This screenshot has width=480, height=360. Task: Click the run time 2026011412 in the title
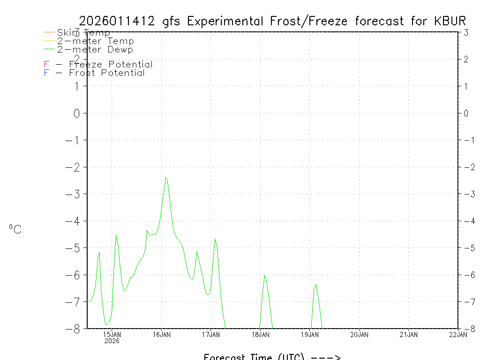coord(117,21)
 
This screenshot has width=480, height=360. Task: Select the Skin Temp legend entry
coord(83,33)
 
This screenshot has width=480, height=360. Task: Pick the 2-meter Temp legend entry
coord(95,41)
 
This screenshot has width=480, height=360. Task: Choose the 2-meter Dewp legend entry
coord(95,49)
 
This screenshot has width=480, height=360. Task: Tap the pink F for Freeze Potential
coord(46,65)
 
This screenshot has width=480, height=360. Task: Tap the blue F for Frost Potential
coord(46,73)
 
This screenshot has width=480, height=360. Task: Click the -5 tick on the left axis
coord(74,247)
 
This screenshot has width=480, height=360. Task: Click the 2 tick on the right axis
coord(466,59)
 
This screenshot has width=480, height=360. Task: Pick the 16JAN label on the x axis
coord(162,335)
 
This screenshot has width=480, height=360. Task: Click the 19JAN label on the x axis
coord(310,335)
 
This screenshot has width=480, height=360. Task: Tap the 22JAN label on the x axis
coord(458,335)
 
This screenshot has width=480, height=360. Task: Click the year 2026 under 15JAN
coord(112,341)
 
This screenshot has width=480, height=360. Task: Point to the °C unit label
coord(15,229)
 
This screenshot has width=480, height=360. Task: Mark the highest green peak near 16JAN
coord(166,178)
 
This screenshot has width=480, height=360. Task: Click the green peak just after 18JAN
coord(265,276)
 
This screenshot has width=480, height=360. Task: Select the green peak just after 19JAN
coord(316,285)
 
